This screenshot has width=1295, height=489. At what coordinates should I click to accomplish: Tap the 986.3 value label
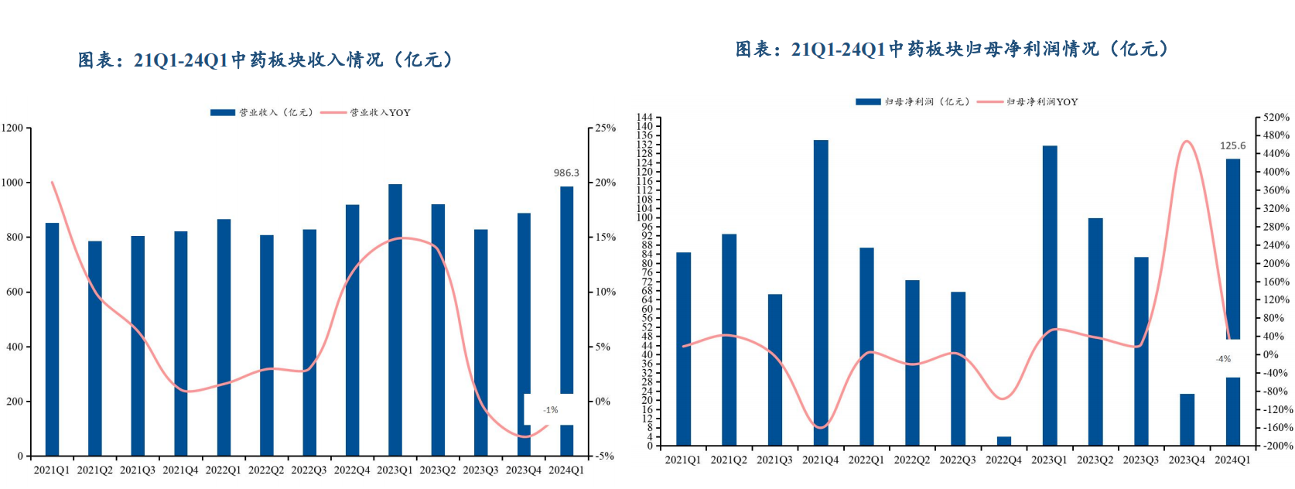click(566, 173)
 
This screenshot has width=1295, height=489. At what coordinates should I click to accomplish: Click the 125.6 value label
click(1232, 145)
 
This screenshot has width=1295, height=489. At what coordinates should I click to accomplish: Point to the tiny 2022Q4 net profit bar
click(1003, 441)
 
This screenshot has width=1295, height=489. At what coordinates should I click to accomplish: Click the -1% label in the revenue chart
click(550, 410)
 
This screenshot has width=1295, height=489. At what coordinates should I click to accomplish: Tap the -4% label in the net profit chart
click(1223, 359)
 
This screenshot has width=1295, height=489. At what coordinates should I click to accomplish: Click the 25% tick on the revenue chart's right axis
click(606, 128)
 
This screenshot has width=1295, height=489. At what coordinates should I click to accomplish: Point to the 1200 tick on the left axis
click(12, 128)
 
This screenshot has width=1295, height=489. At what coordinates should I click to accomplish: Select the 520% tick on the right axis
click(1276, 118)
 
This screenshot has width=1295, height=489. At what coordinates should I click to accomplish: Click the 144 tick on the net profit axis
click(644, 118)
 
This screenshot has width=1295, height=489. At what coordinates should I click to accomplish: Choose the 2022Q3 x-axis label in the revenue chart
click(309, 470)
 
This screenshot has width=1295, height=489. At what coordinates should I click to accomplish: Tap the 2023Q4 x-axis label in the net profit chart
click(1186, 460)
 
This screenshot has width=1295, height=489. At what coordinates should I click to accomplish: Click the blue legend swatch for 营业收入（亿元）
click(223, 113)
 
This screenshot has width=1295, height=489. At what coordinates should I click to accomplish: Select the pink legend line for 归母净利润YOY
click(989, 102)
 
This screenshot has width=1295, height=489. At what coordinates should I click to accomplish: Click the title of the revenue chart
click(265, 60)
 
